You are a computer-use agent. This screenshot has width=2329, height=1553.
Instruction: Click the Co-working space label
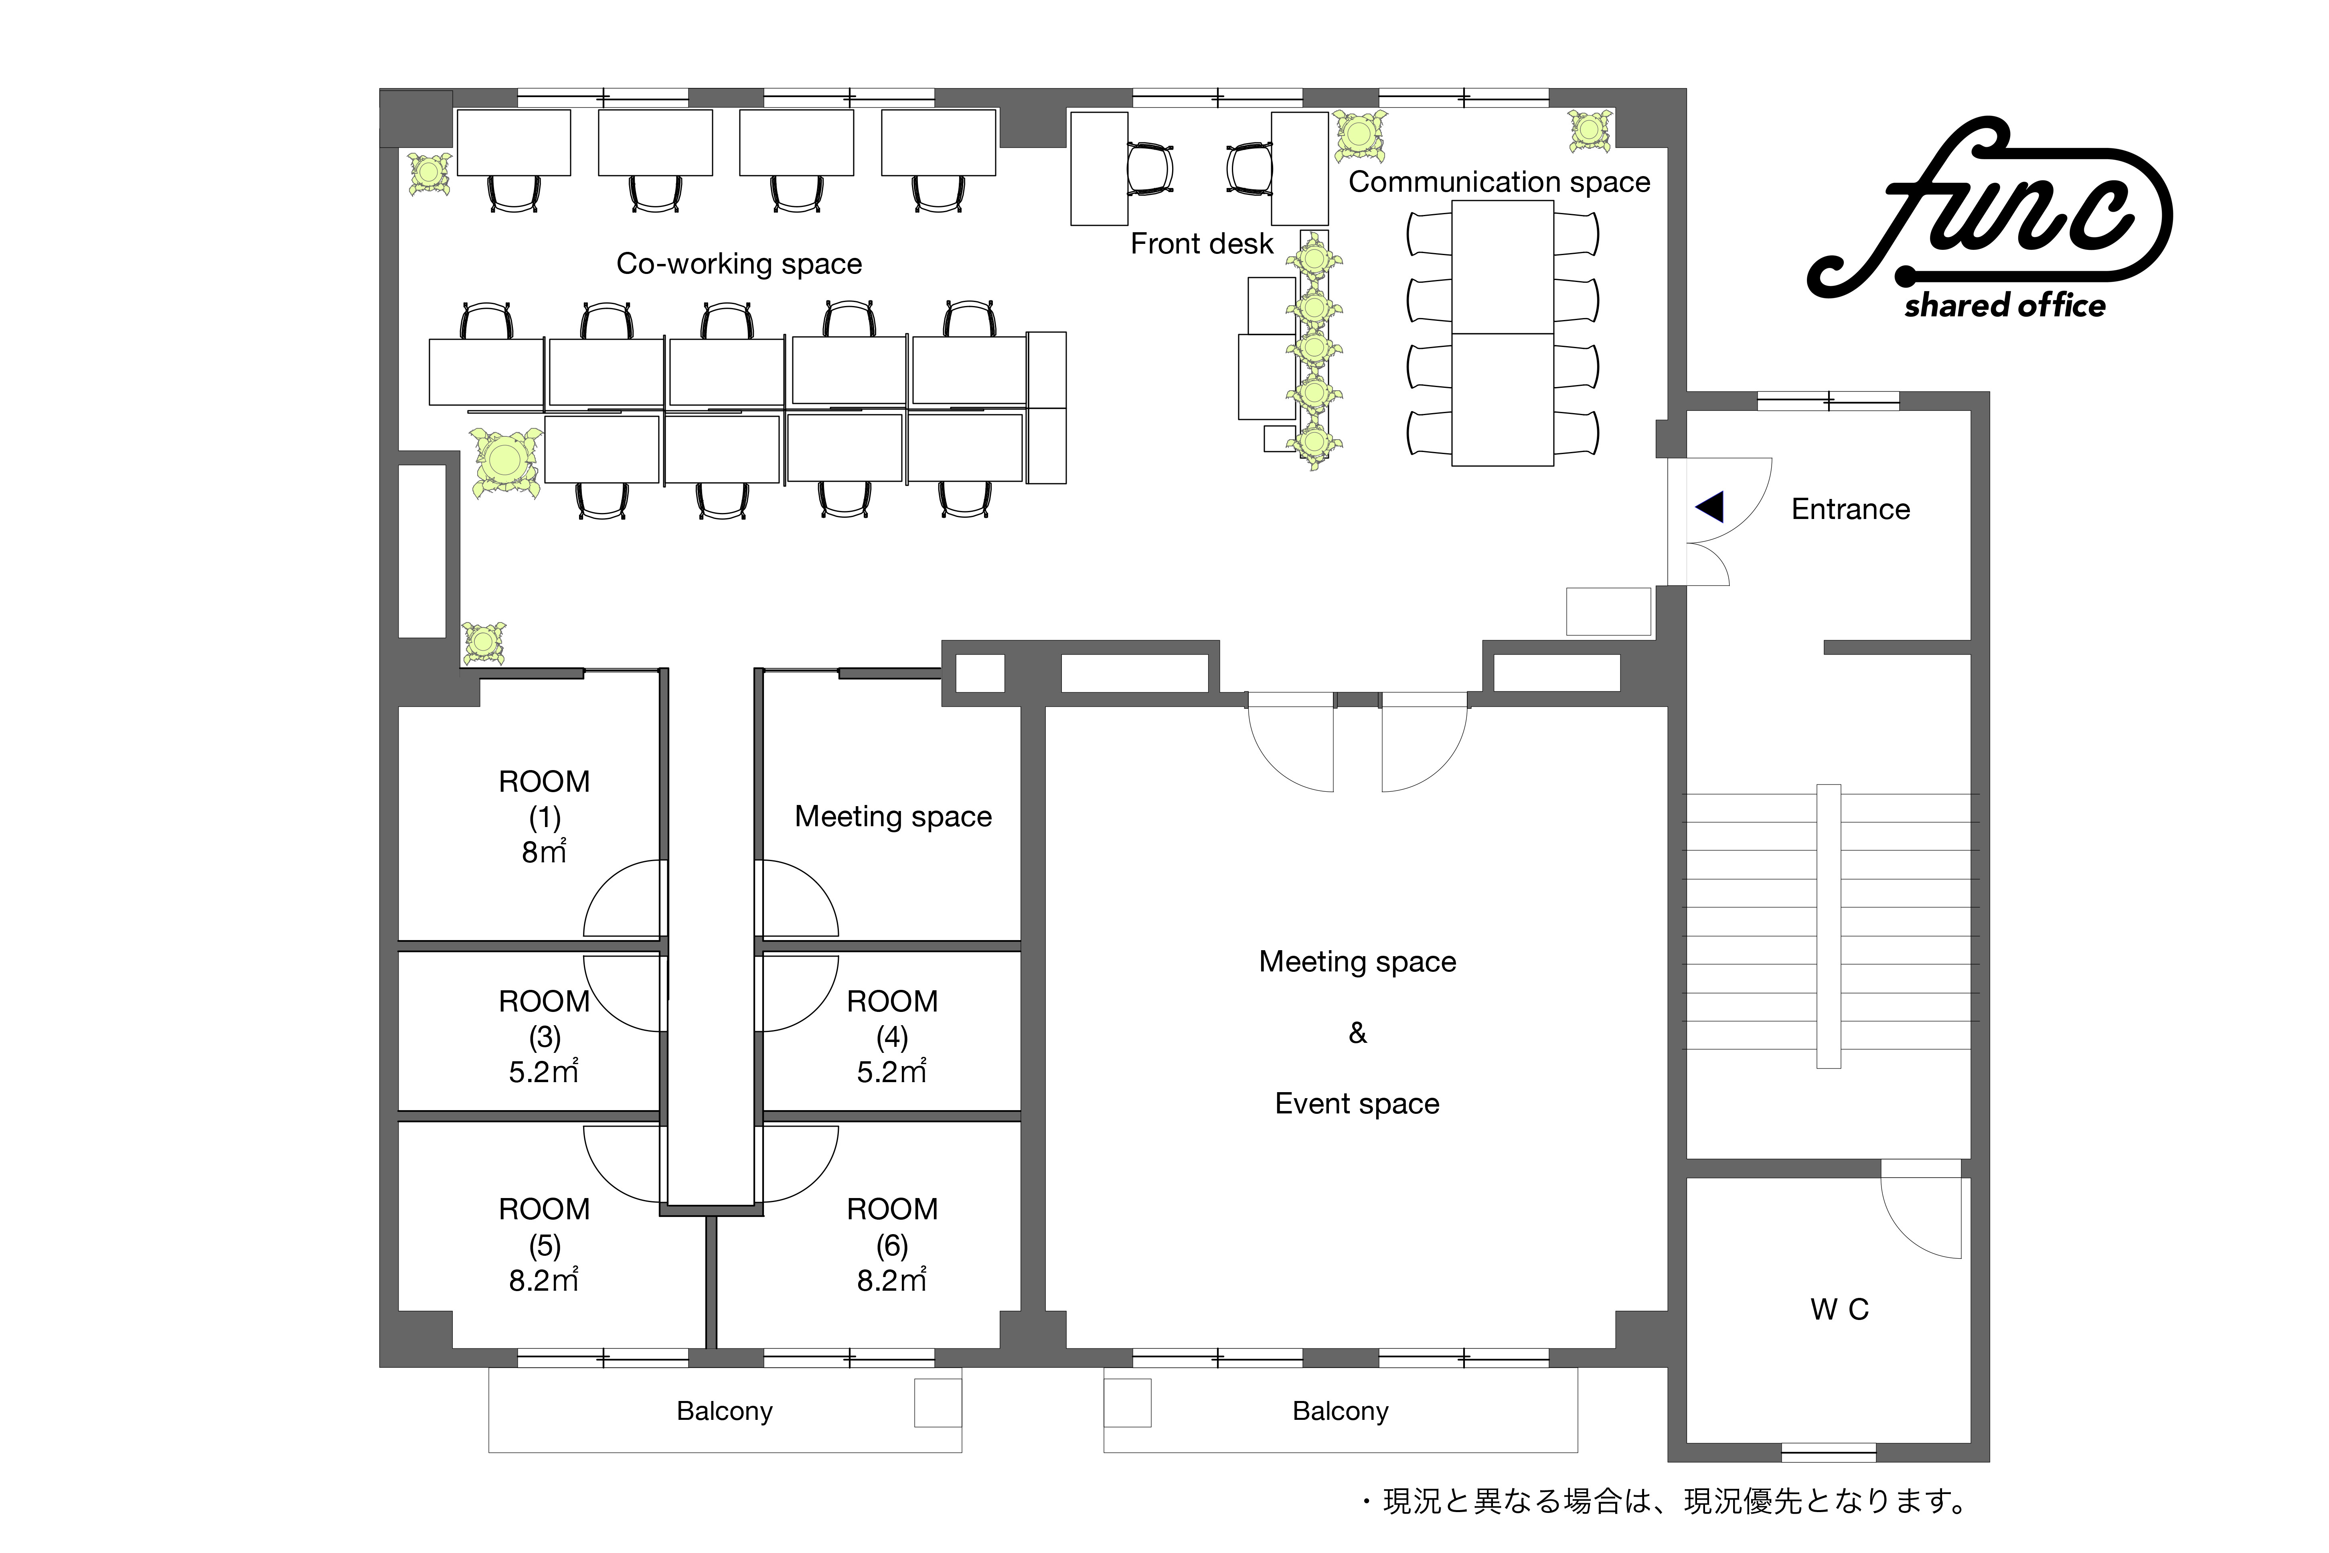point(739,264)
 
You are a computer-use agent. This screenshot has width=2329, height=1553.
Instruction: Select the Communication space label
point(1499,182)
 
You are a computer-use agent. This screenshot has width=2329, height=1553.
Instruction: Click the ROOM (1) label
point(544,799)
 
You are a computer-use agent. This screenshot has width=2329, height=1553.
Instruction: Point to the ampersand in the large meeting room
point(1358,1033)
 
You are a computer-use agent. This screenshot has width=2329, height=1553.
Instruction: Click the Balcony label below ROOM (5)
point(725,1411)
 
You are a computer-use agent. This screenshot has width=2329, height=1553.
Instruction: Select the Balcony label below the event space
point(1341,1411)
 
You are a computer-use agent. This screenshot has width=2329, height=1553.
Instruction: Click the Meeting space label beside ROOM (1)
point(893,816)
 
